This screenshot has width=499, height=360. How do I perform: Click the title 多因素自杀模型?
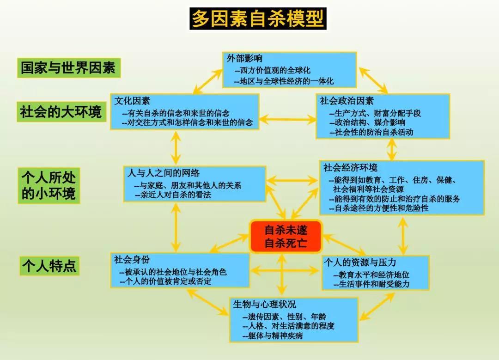click(258, 19)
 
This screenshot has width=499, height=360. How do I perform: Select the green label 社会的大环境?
click(61, 111)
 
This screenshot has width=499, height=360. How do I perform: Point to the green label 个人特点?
click(49, 266)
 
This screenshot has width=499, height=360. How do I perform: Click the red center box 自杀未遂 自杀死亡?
click(286, 236)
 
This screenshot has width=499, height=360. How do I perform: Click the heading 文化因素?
click(132, 101)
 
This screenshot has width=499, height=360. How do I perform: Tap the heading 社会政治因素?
click(347, 101)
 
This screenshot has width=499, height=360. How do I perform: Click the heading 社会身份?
click(132, 259)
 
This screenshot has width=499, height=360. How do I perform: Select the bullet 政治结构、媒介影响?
click(367, 122)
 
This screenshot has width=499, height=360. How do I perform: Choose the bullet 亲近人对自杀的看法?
click(173, 195)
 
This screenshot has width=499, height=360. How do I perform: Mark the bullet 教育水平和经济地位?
click(371, 275)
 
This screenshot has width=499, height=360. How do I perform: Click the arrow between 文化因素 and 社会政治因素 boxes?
click(287, 120)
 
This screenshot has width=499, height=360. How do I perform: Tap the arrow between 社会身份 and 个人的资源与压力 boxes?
click(286, 269)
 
